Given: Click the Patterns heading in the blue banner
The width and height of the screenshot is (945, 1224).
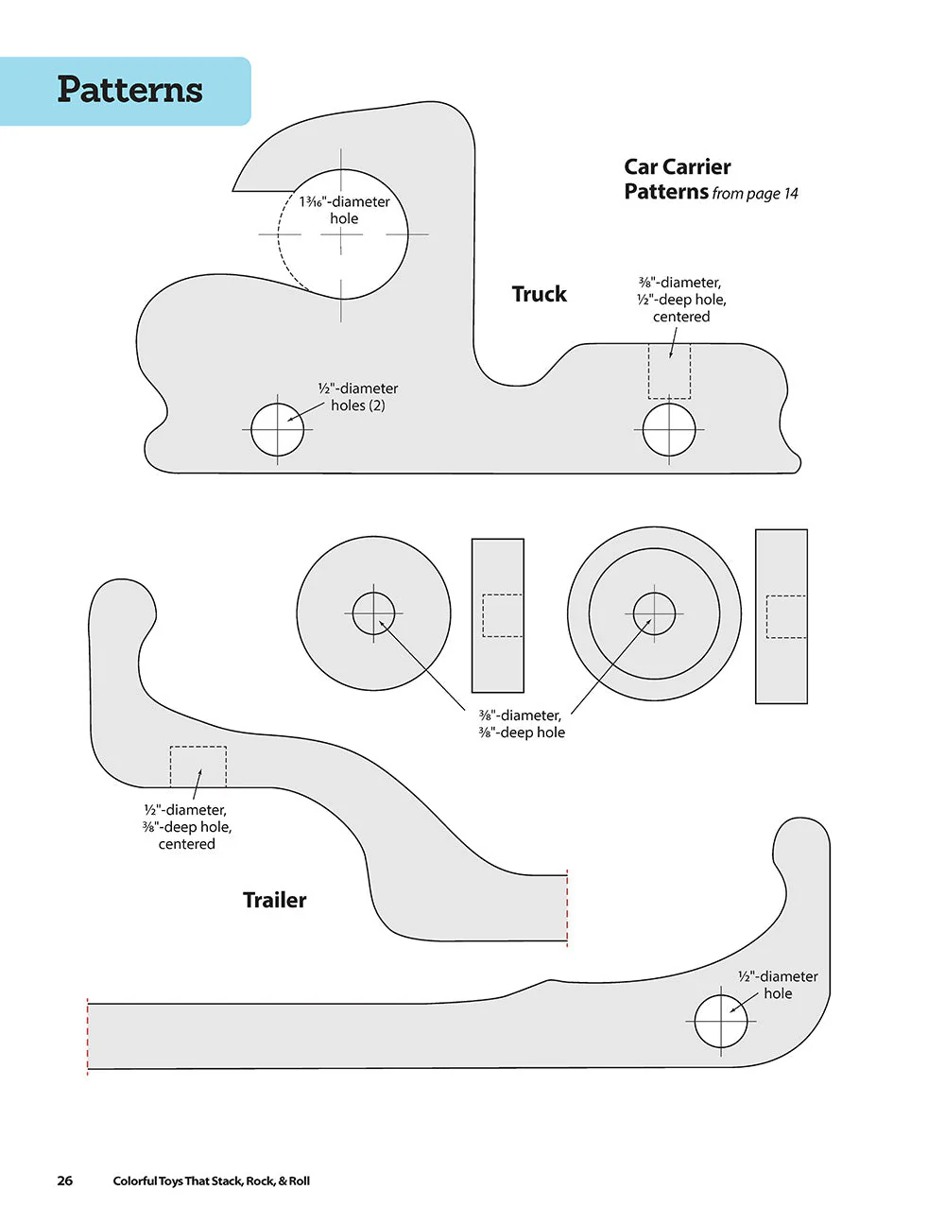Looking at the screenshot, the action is pyautogui.click(x=129, y=90).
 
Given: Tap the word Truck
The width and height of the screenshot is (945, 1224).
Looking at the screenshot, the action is pyautogui.click(x=539, y=294).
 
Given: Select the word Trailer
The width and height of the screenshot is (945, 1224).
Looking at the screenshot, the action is pyautogui.click(x=274, y=900).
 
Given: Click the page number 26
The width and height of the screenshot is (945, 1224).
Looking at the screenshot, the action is pyautogui.click(x=65, y=1181).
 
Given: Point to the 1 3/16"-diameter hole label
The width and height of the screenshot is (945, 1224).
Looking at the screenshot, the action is pyautogui.click(x=344, y=210).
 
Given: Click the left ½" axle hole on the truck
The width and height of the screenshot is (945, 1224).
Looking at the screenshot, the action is pyautogui.click(x=277, y=430).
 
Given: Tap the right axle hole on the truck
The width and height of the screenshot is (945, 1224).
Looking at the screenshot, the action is pyautogui.click(x=669, y=430).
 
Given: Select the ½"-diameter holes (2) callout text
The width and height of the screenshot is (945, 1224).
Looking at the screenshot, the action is pyautogui.click(x=357, y=397).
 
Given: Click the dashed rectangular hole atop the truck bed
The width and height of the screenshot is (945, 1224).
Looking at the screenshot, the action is pyautogui.click(x=669, y=371).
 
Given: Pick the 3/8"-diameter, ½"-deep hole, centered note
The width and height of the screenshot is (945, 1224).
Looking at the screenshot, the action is pyautogui.click(x=681, y=299).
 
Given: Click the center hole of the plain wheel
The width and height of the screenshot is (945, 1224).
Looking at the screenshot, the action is pyautogui.click(x=373, y=612).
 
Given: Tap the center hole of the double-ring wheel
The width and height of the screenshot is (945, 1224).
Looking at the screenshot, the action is pyautogui.click(x=654, y=613).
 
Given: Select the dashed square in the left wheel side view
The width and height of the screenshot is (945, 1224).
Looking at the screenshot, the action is pyautogui.click(x=503, y=615).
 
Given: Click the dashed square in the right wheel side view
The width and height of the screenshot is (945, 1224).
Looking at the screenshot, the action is pyautogui.click(x=786, y=617).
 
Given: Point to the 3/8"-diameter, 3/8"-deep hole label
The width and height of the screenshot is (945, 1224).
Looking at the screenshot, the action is pyautogui.click(x=522, y=724).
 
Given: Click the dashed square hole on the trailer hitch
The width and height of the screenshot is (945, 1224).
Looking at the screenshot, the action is pyautogui.click(x=198, y=767).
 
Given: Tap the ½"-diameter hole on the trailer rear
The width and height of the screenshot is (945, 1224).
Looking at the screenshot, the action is pyautogui.click(x=721, y=1021).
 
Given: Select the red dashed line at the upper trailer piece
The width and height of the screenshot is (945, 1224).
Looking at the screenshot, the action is pyautogui.click(x=567, y=908).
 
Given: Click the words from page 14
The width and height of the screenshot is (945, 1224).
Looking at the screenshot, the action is pyautogui.click(x=755, y=194).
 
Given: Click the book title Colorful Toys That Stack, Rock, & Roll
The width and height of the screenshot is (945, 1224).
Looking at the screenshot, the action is pyautogui.click(x=211, y=1181).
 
